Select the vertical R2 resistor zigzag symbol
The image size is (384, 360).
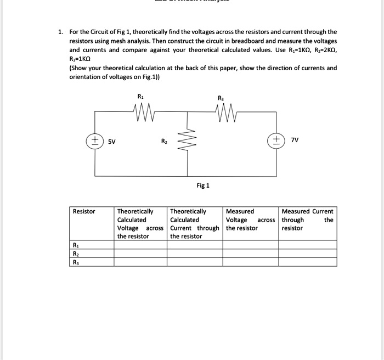189,141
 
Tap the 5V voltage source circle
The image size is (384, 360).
95,140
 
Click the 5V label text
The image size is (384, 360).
111,141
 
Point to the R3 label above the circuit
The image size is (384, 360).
221,98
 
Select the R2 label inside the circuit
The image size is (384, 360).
164,141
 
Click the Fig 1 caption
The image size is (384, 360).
203,185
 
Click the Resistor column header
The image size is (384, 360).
84,211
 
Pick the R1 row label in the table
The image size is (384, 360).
75,246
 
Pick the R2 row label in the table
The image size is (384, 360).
75,254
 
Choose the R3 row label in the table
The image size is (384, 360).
75,262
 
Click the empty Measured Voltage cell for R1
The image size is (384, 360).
251,246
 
